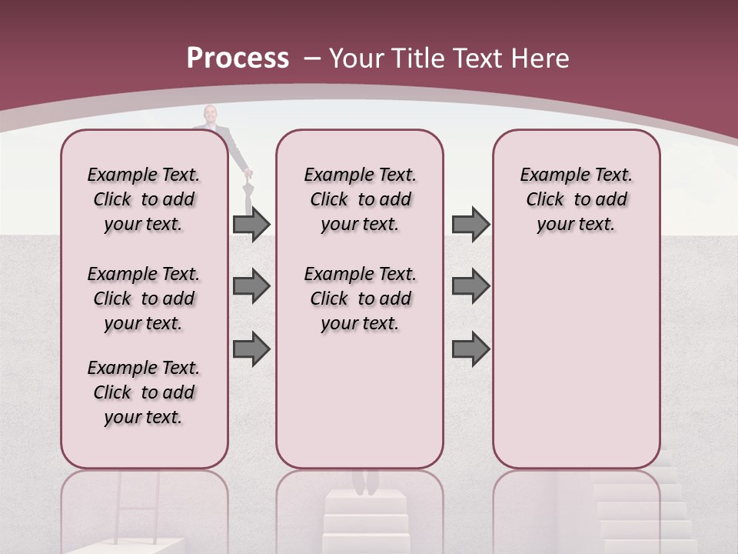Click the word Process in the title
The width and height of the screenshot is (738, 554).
coord(238,58)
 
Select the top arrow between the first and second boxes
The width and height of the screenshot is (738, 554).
coord(251,225)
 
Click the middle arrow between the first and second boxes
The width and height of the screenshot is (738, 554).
coord(251,286)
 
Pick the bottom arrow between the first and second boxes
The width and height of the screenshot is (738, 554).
coord(251,349)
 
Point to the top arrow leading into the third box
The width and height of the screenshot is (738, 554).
coord(470,225)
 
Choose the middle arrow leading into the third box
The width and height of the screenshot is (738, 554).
coord(470,286)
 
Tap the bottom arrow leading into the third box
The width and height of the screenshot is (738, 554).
coord(470,349)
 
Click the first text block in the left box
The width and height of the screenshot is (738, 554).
coord(144,199)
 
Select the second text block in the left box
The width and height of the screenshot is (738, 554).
coord(144,299)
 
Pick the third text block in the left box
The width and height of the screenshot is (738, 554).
coord(144,392)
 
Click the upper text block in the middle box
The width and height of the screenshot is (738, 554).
coord(360,199)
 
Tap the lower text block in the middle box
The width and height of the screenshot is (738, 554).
coord(360,299)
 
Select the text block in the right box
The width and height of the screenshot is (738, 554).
coord(576,199)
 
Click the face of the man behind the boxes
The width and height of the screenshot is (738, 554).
coord(210,115)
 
